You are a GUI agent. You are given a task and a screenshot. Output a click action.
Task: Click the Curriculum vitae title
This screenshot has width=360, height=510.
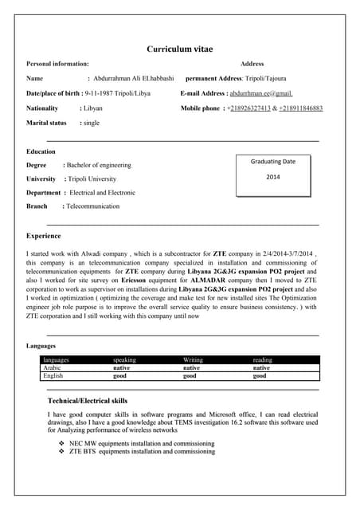[x=179, y=49]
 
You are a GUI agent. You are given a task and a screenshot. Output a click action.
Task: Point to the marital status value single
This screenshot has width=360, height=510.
[x=91, y=124]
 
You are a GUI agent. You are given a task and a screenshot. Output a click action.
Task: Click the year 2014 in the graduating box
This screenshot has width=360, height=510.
[x=273, y=177]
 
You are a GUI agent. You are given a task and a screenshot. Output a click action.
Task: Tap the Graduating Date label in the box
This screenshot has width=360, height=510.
[x=273, y=162]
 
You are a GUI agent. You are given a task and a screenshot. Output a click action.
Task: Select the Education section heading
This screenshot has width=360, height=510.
[x=41, y=151]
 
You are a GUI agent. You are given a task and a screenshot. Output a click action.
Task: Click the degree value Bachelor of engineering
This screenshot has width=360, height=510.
[x=99, y=165]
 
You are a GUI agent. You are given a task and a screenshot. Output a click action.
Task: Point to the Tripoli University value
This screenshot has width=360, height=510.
[x=92, y=179]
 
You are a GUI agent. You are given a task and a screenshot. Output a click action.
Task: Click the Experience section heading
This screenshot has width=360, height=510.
[x=44, y=236]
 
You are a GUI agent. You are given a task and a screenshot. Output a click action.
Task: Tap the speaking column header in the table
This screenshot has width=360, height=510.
[x=125, y=360]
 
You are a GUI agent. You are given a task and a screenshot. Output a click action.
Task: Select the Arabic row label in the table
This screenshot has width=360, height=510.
[x=53, y=368]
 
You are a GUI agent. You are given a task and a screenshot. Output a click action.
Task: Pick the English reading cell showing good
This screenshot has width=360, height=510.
[x=260, y=376]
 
